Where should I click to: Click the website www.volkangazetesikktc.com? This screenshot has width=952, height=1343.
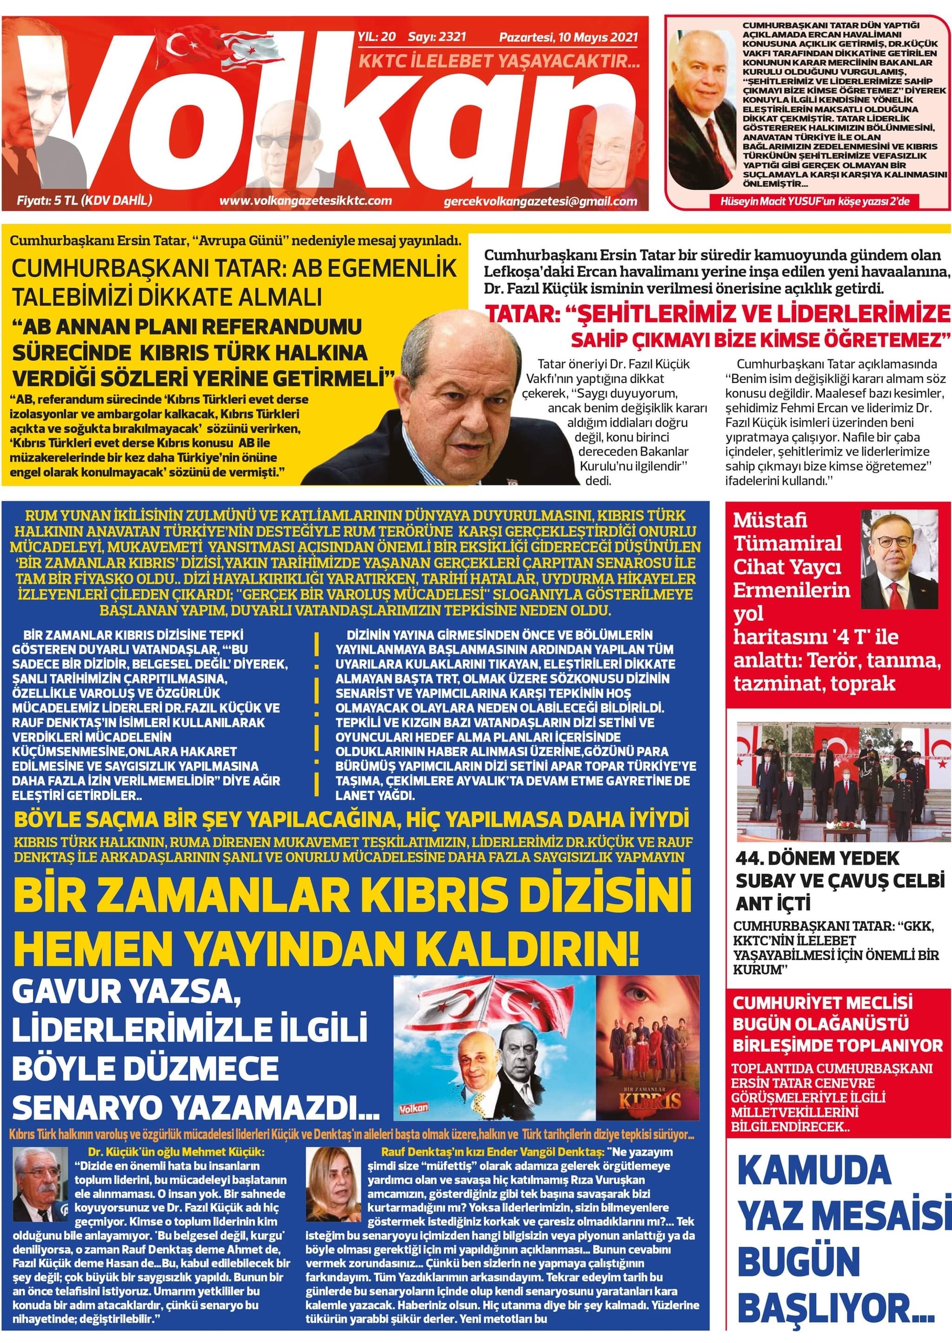click(x=305, y=200)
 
